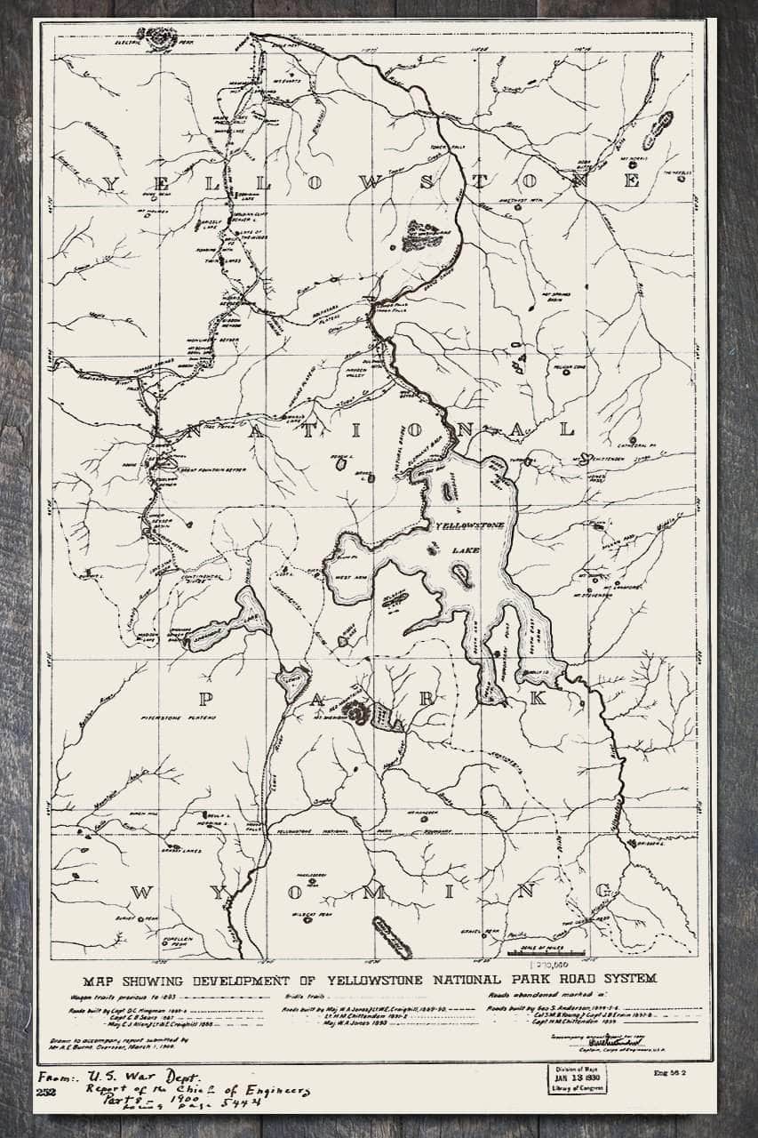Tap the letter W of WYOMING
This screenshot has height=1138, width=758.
point(142,893)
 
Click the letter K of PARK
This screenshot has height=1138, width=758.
point(536,699)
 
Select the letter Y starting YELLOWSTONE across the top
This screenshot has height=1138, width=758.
point(110,182)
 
